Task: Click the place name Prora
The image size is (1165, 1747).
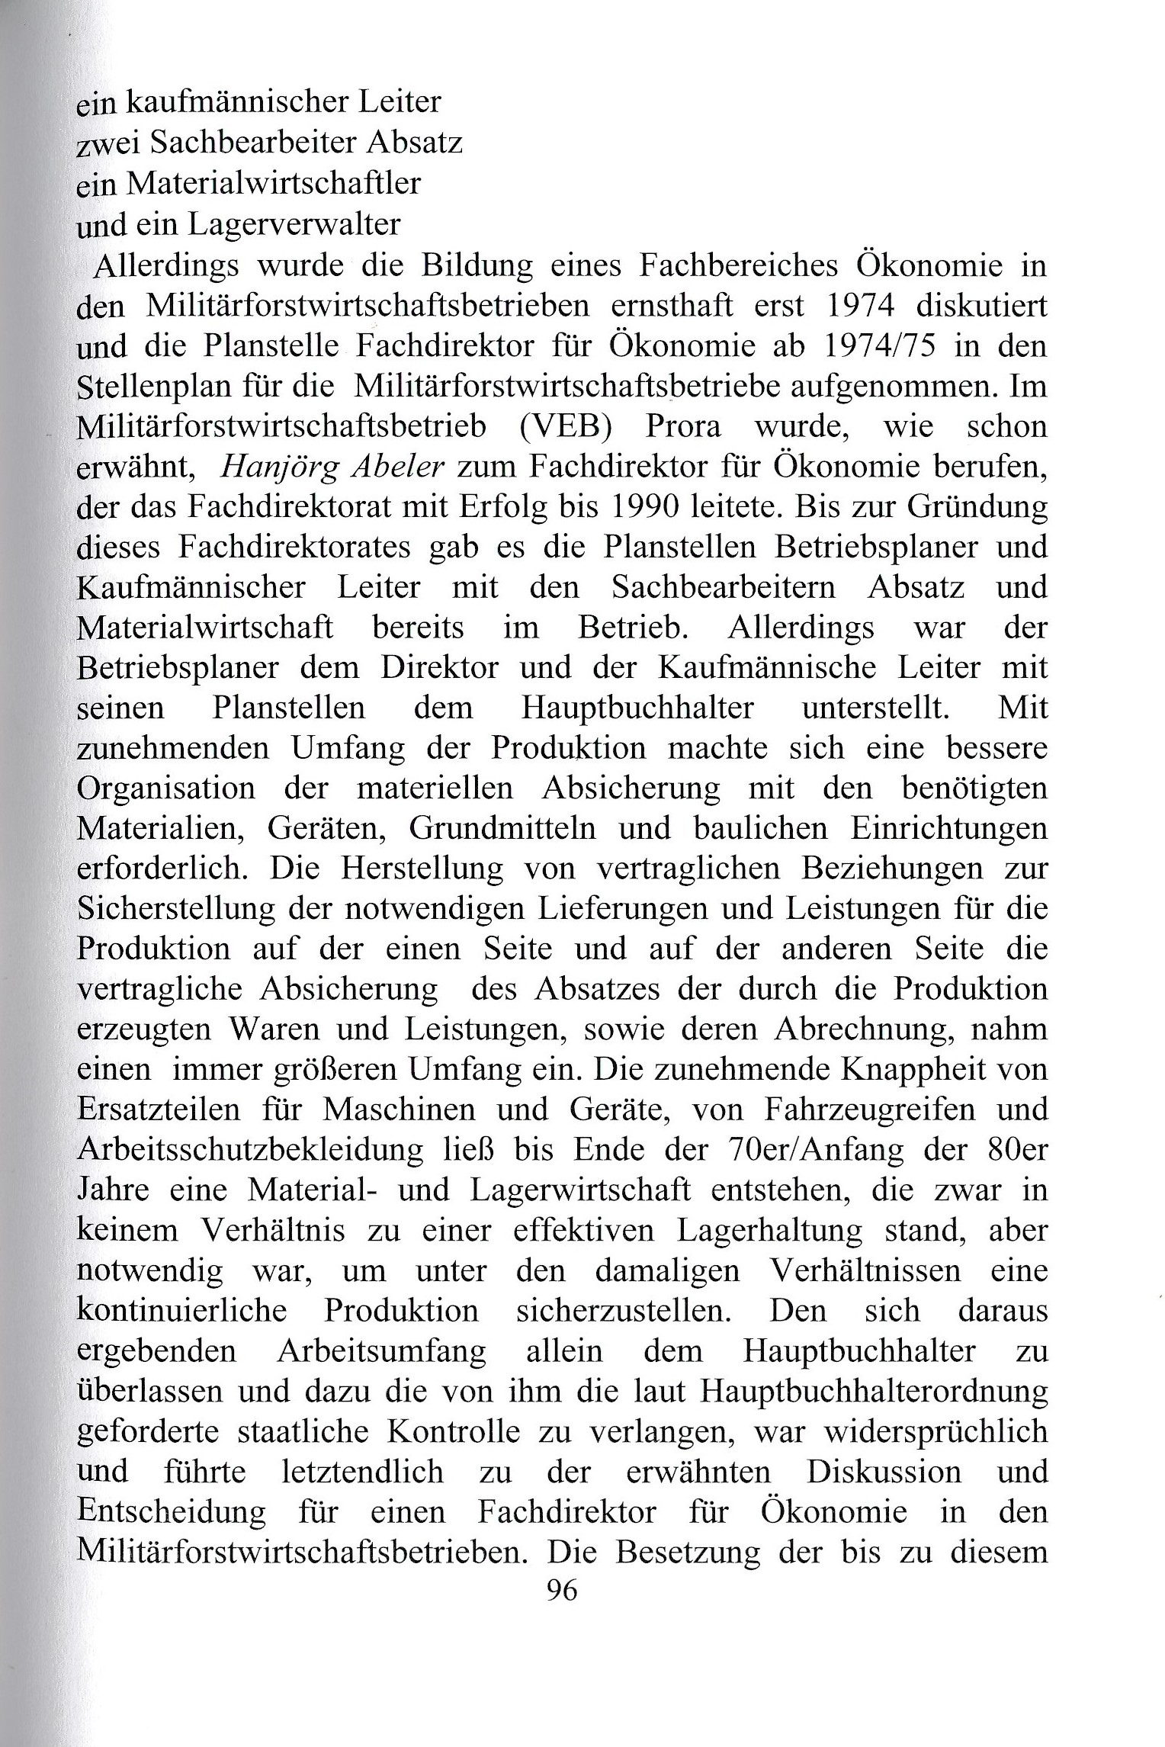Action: click(x=682, y=426)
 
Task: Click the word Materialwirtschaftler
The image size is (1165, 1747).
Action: click(x=273, y=184)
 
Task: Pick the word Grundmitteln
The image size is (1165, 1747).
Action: click(x=502, y=827)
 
